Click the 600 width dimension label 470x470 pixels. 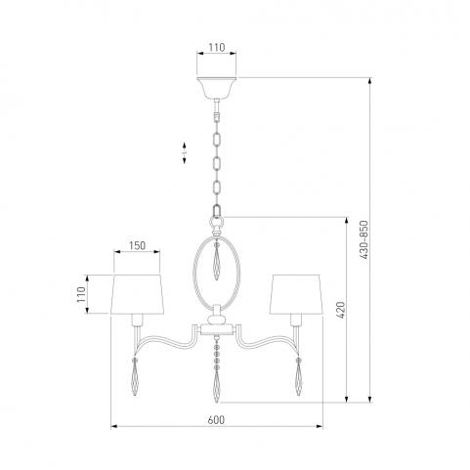coord(216,420)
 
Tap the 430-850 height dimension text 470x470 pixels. coord(363,239)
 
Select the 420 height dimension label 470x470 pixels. coord(340,310)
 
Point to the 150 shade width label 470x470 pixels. coord(137,245)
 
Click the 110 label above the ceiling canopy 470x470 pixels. coord(217,48)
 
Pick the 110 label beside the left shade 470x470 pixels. coord(81,294)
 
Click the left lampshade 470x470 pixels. coord(137,294)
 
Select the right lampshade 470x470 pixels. coord(296,294)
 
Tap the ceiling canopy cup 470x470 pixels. coord(217,88)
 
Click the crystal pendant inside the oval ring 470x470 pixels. coord(217,262)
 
